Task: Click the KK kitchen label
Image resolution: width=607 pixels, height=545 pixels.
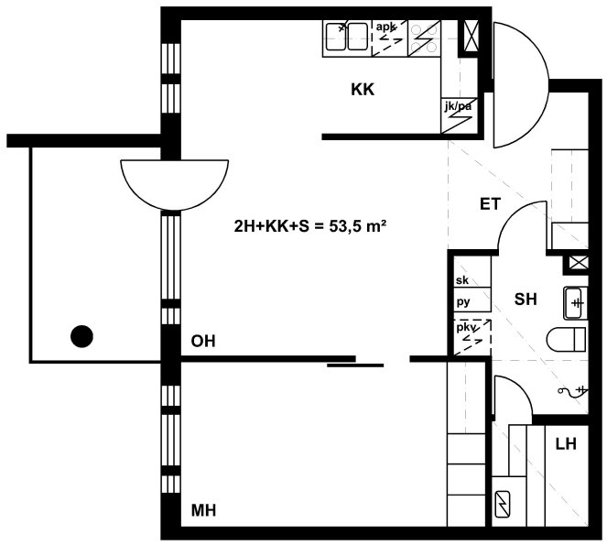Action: point(363,90)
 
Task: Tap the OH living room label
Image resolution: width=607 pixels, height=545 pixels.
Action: point(203,342)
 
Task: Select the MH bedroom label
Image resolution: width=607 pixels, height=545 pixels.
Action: point(203,510)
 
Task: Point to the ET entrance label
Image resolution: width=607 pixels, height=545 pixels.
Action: point(490,204)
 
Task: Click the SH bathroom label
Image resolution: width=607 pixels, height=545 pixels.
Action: point(526,299)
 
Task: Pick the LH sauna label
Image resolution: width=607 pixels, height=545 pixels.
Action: point(566,444)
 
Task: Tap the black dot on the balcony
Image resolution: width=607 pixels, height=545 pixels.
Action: point(81,336)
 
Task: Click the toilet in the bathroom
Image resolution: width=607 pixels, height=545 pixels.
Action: point(567,339)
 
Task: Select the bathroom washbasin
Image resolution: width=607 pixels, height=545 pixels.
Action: point(575,303)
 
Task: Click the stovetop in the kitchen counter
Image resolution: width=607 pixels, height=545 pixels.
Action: point(424,38)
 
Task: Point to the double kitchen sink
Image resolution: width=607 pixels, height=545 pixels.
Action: point(346,37)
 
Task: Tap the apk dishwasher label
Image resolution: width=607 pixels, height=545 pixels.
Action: point(386,27)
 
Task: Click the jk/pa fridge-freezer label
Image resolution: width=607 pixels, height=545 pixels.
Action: point(458,105)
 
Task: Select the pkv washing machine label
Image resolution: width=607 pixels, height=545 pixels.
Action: point(466,327)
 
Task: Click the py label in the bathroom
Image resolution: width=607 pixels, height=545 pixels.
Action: point(463,301)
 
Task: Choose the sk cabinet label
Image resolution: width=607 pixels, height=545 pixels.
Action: point(462,280)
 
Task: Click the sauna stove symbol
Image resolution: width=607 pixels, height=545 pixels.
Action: point(503,504)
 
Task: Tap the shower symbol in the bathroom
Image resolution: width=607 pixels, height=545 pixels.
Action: point(573,391)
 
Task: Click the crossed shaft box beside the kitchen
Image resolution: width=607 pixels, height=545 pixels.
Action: point(471,36)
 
